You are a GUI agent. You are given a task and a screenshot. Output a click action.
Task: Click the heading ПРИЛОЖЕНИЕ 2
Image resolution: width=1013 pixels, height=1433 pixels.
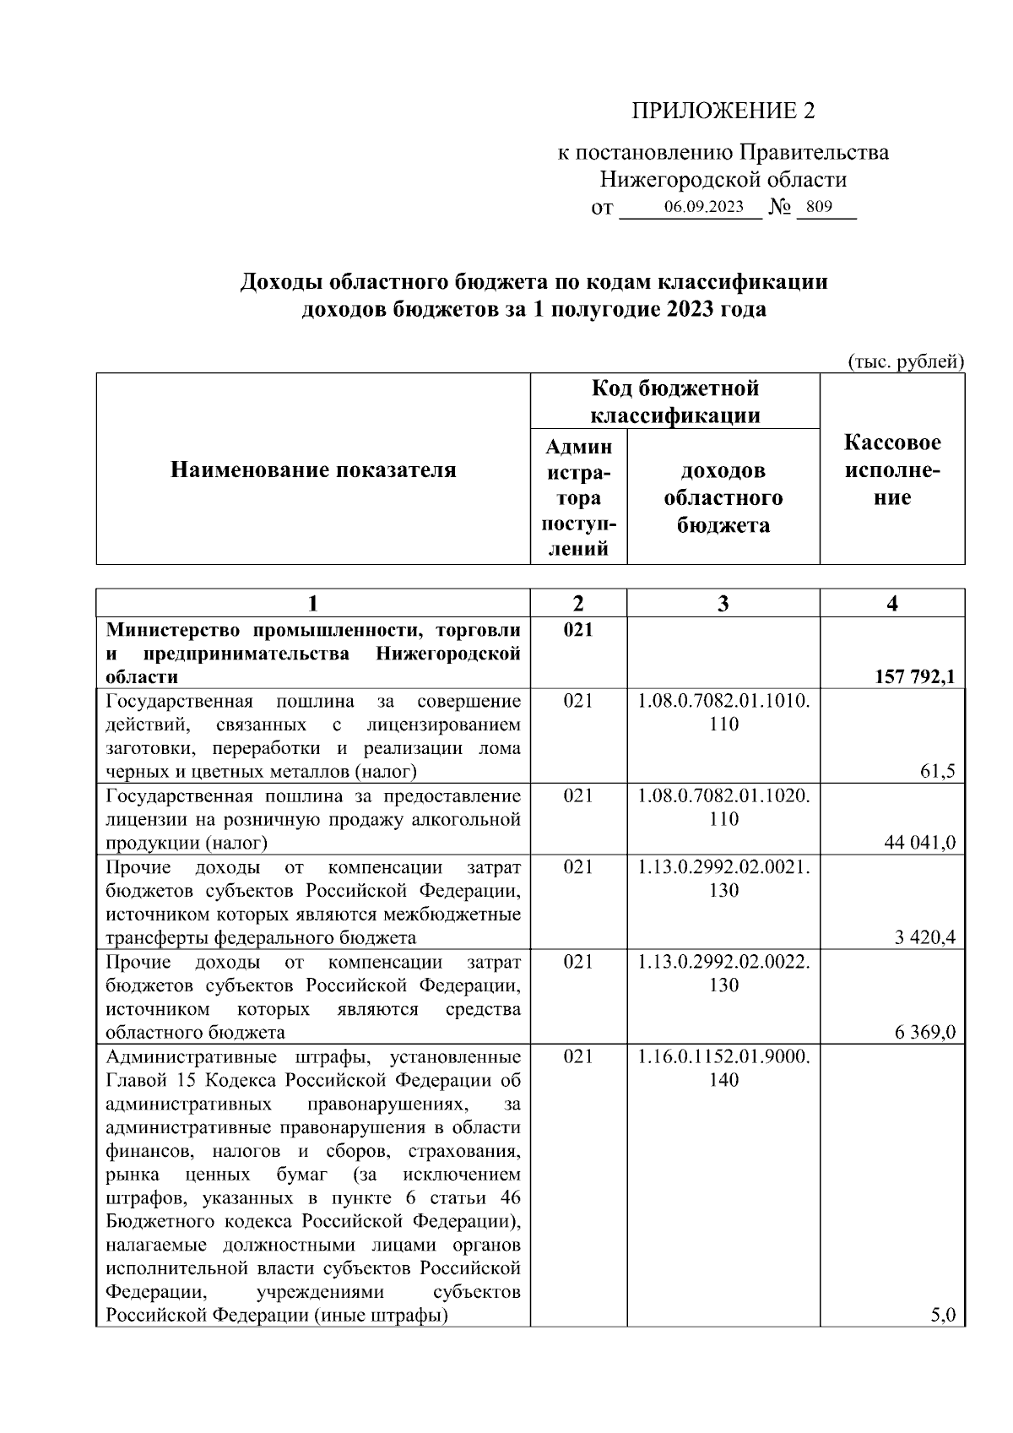(x=723, y=111)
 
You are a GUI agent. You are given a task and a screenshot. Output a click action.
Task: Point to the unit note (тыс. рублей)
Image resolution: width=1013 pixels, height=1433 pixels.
(x=905, y=361)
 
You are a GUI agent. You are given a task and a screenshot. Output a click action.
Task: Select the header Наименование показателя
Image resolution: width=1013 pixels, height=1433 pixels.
(x=313, y=470)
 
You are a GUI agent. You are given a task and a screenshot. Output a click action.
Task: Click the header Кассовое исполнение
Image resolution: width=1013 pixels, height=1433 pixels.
(x=892, y=470)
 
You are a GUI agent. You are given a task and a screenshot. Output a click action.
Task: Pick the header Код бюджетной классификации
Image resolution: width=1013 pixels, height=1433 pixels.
(x=674, y=401)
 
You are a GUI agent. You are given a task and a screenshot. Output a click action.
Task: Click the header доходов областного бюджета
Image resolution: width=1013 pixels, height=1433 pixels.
(x=723, y=497)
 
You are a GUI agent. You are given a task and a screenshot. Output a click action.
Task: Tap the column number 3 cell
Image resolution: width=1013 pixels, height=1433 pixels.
(x=723, y=603)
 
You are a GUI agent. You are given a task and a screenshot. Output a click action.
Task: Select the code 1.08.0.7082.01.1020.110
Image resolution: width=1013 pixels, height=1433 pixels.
(x=723, y=807)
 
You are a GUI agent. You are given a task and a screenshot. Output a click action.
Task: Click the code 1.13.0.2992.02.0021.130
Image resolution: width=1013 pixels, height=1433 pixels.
(x=723, y=878)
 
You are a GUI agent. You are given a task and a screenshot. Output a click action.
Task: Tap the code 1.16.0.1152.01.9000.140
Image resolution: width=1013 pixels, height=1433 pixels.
(x=723, y=1067)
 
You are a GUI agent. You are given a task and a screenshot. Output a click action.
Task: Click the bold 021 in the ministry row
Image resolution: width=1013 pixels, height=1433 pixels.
(x=578, y=630)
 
